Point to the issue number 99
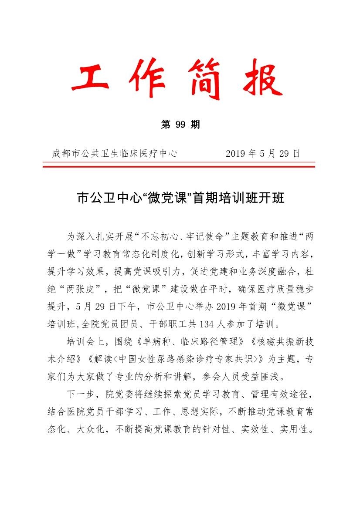point(180,125)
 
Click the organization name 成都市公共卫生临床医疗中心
point(114,153)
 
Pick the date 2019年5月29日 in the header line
point(263,153)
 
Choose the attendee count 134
point(207,324)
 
